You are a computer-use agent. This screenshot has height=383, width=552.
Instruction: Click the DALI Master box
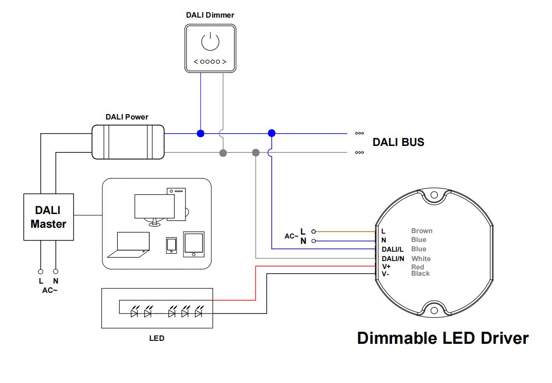pyautogui.click(x=49, y=217)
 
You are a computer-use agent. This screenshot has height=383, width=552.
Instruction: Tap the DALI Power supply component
pyautogui.click(x=128, y=142)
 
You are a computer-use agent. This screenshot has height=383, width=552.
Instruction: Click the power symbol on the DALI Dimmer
pyautogui.click(x=210, y=42)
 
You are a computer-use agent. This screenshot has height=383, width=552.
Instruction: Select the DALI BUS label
pyautogui.click(x=398, y=143)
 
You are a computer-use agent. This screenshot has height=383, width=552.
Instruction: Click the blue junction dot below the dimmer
pyautogui.click(x=200, y=133)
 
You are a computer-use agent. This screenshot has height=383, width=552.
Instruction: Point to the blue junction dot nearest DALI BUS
pyautogui.click(x=272, y=133)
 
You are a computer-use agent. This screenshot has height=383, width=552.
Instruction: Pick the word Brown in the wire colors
pyautogui.click(x=421, y=231)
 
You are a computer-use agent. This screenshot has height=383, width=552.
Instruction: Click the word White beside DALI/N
pyautogui.click(x=421, y=259)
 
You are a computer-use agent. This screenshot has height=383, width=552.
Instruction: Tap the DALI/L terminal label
pyautogui.click(x=393, y=250)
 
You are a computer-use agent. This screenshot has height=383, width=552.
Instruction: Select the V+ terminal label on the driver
pyautogui.click(x=386, y=266)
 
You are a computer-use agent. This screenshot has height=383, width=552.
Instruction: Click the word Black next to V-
pyautogui.click(x=421, y=273)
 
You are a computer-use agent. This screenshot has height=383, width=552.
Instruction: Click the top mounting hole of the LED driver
pyautogui.click(x=434, y=195)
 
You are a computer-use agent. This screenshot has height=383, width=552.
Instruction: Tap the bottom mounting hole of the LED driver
pyautogui.click(x=434, y=311)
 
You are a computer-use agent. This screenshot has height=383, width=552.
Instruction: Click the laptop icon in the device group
pyautogui.click(x=129, y=244)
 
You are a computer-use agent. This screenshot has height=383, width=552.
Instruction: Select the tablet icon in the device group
pyautogui.click(x=194, y=243)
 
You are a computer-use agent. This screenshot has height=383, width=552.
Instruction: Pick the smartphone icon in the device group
pyautogui.click(x=171, y=245)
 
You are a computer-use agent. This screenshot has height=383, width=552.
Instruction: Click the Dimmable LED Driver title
pyautogui.click(x=443, y=338)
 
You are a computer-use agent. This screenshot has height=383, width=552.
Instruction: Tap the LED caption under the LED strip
pyautogui.click(x=157, y=338)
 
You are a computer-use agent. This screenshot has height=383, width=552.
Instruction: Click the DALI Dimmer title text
pyautogui.click(x=210, y=15)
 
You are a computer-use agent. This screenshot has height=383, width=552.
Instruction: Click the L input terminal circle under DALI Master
pyautogui.click(x=41, y=271)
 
